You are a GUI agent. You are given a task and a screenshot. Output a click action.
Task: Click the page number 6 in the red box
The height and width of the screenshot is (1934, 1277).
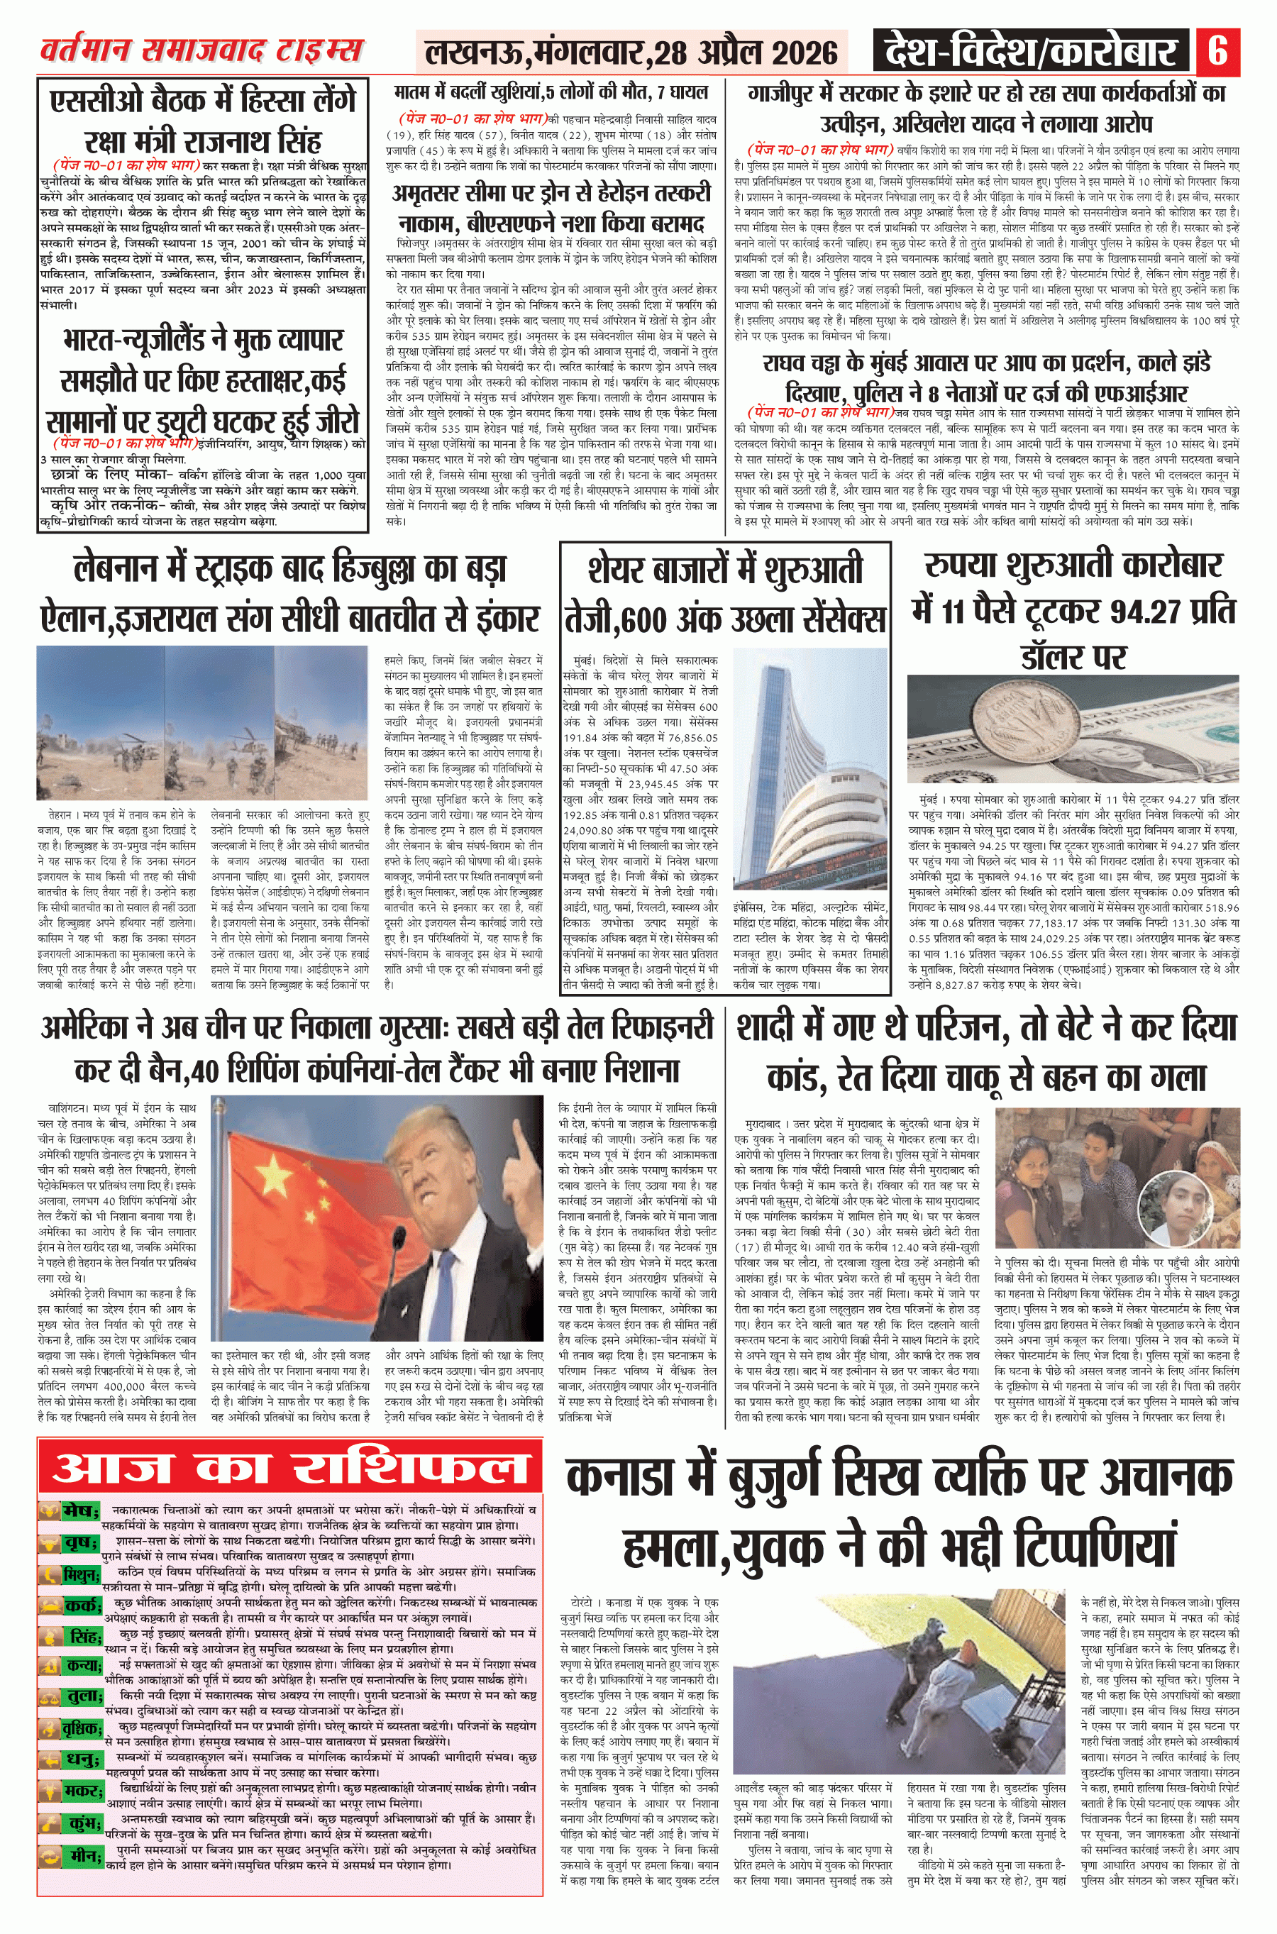(x=1217, y=51)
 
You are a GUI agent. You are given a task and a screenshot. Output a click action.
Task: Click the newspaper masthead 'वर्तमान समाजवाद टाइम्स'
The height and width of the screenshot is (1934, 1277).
(x=201, y=51)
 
